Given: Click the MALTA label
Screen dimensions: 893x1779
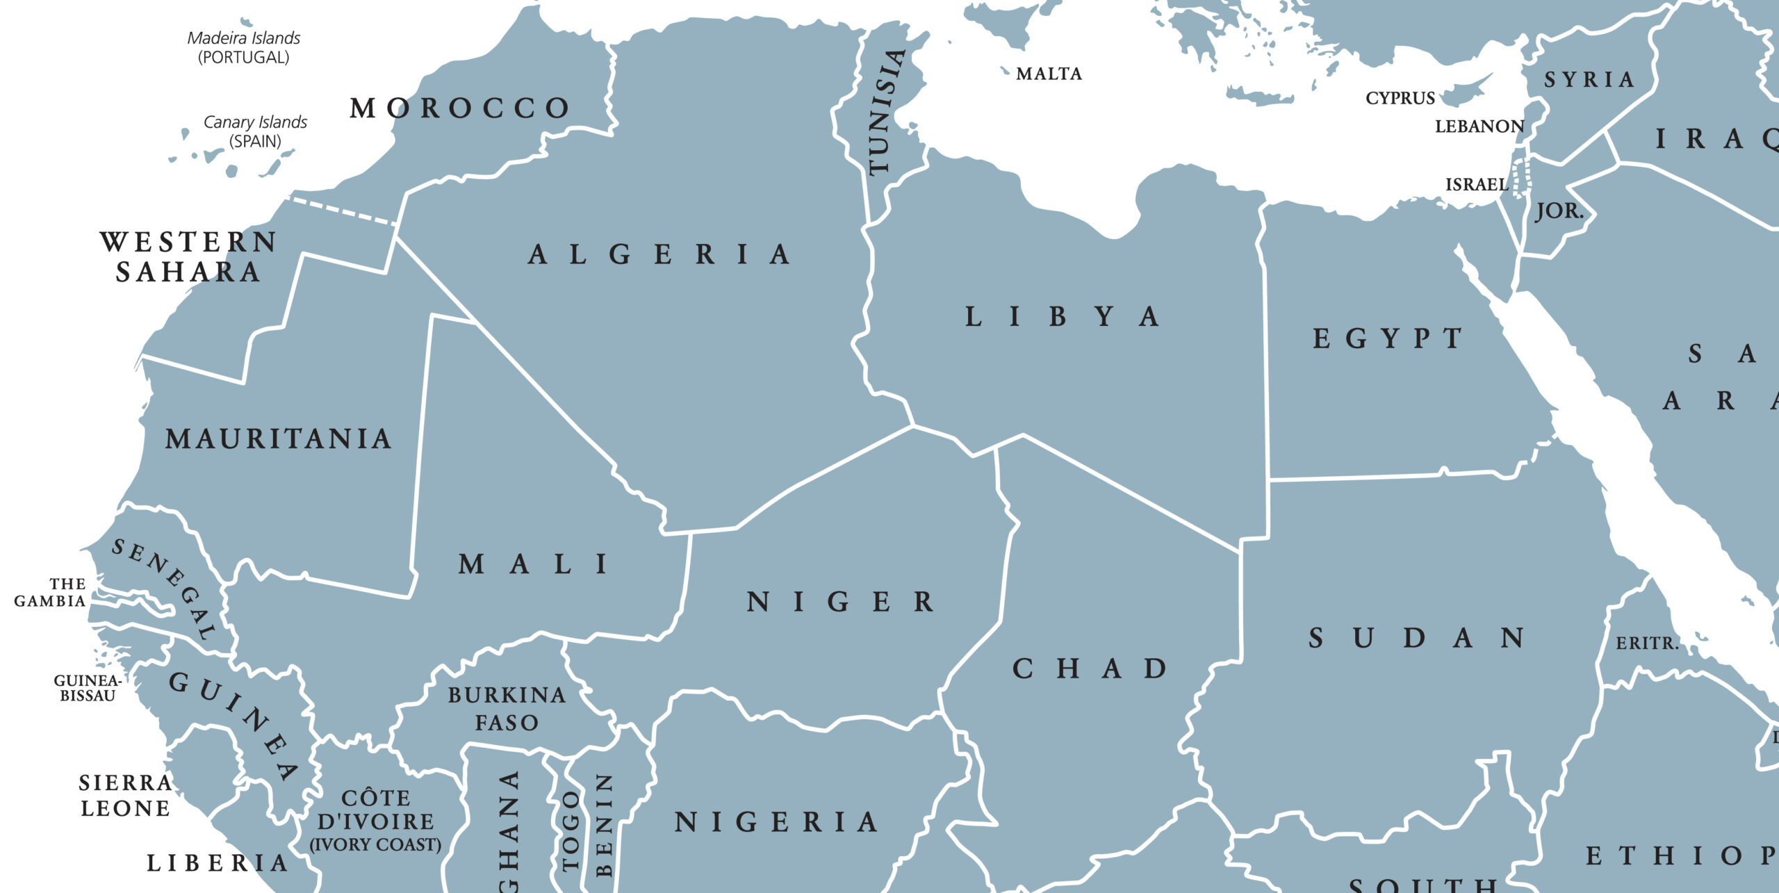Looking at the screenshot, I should click(1049, 74).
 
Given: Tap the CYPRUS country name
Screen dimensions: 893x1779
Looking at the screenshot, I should click(1400, 98).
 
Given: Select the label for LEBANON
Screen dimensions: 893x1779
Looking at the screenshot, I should click(1479, 126).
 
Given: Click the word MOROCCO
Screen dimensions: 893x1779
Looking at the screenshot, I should click(459, 108).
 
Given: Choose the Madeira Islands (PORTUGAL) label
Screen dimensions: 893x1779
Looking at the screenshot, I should click(244, 47).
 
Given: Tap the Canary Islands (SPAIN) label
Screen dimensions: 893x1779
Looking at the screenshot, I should click(255, 131).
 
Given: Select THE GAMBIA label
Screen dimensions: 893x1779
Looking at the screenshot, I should click(50, 593).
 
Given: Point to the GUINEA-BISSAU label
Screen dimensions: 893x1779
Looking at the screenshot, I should click(88, 688).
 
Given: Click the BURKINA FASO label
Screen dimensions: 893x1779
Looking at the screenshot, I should click(507, 709).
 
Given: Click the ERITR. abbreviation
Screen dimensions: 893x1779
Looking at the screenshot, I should click(1646, 644).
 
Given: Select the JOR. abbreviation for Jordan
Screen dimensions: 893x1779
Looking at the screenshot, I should click(1559, 210).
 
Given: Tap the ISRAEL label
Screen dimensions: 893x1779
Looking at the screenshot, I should click(1476, 184).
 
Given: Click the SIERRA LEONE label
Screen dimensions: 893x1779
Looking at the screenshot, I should click(126, 796).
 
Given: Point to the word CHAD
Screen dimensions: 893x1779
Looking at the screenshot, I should click(1090, 669).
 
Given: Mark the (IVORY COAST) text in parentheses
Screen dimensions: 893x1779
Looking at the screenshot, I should click(375, 845).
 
